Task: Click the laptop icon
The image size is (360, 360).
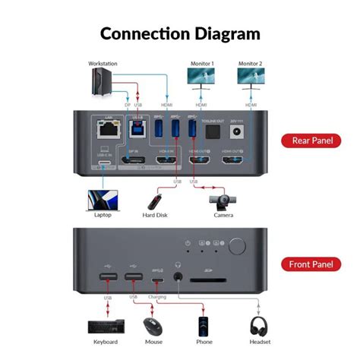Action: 101,201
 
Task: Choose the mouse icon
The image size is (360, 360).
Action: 153,327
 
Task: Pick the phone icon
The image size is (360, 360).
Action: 203,327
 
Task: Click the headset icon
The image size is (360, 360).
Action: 260,327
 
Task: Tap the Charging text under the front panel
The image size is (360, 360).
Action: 156,297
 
